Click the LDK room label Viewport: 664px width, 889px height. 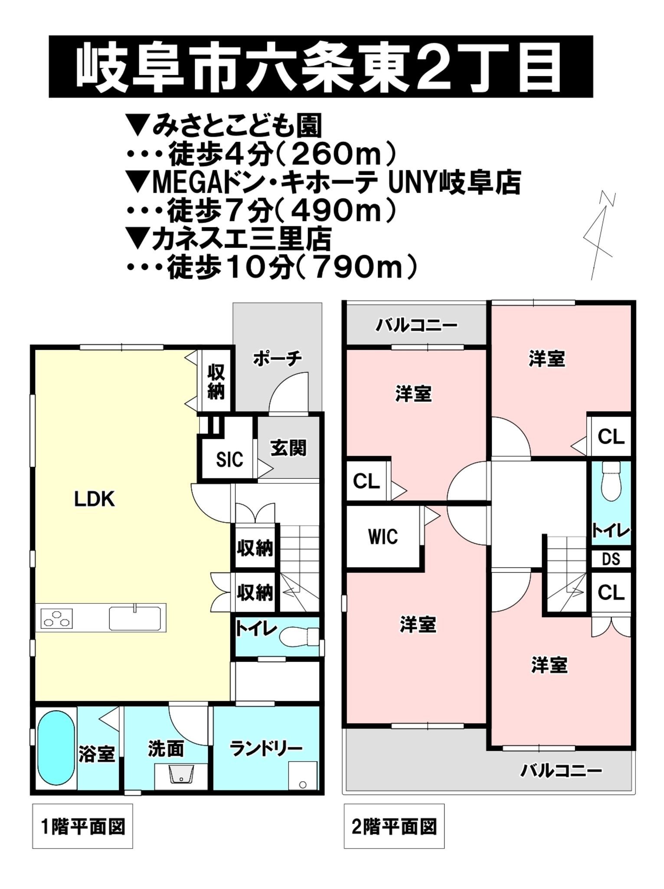point(95,500)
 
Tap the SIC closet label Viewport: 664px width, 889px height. point(229,459)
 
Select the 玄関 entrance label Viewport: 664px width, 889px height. point(288,448)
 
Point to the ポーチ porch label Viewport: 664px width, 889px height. point(277,359)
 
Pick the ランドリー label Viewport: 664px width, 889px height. point(266,748)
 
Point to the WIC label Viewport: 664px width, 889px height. point(383,537)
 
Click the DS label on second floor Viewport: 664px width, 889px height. point(611,559)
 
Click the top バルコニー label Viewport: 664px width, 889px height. point(416,325)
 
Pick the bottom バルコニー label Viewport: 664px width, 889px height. point(561,771)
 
